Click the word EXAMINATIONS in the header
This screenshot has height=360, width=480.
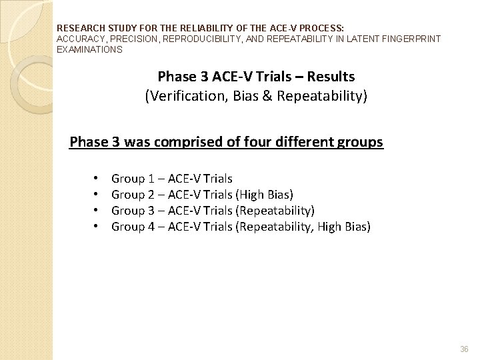pos(89,49)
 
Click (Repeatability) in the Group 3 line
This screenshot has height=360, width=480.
pos(275,211)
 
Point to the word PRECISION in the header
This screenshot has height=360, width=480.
pos(121,39)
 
